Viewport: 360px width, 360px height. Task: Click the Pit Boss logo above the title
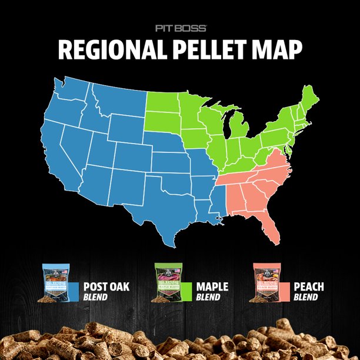pyautogui.click(x=180, y=28)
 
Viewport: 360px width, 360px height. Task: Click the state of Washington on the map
pyautogui.click(x=70, y=95)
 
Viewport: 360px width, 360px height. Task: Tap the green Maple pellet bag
pyautogui.click(x=167, y=283)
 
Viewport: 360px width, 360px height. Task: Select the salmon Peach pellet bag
pyautogui.click(x=266, y=283)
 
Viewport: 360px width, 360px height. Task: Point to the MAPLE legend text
pyautogui.click(x=212, y=287)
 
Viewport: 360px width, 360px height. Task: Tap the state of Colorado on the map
pyautogui.click(x=132, y=155)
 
